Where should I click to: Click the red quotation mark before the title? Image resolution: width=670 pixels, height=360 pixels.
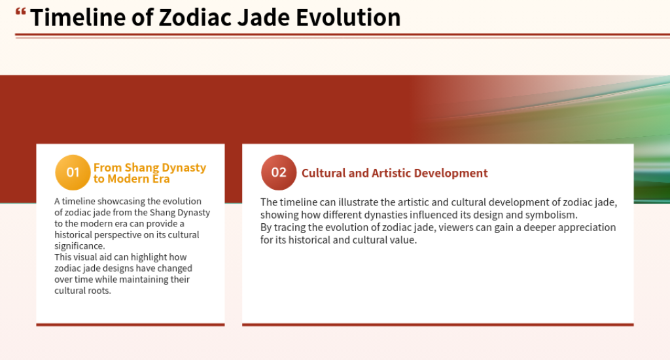pos(21,12)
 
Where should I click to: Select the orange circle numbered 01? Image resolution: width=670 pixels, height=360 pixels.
pos(73,172)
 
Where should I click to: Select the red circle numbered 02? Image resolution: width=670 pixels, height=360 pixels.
pos(279,172)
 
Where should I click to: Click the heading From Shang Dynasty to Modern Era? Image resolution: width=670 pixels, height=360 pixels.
pos(149,173)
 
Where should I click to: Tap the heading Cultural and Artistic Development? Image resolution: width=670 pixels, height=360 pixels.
pos(395,173)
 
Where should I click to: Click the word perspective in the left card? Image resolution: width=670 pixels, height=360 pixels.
pos(129,234)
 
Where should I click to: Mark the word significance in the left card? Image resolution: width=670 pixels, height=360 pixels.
pos(79,246)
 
